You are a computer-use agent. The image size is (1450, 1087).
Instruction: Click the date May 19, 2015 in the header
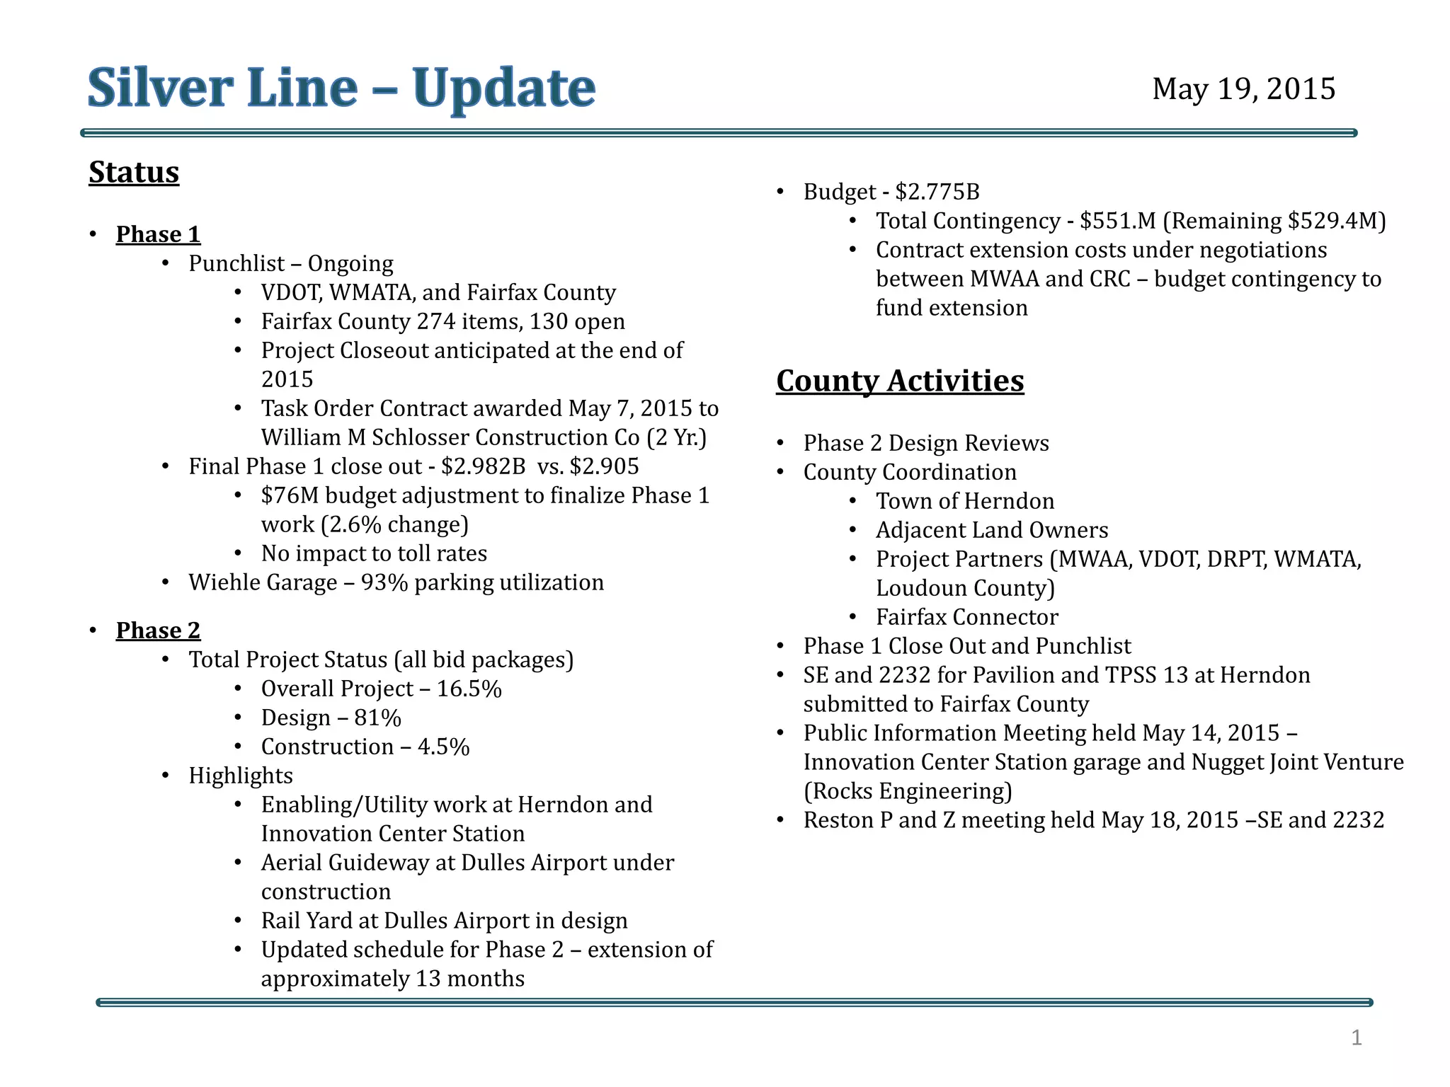tap(1243, 89)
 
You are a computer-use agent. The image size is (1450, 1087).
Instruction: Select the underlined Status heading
tap(134, 172)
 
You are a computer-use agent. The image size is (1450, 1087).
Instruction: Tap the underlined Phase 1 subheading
tap(158, 234)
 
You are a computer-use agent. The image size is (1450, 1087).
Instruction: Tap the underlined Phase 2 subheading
tap(158, 631)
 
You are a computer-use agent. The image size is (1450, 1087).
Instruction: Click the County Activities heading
tap(899, 381)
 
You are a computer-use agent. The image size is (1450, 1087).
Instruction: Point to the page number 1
tap(1356, 1037)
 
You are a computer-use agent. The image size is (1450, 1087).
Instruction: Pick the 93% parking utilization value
tap(384, 582)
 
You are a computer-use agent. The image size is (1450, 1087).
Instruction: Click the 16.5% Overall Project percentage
tap(469, 689)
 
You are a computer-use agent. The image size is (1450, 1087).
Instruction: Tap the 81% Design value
tap(377, 718)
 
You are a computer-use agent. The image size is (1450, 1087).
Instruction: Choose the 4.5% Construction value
tap(443, 747)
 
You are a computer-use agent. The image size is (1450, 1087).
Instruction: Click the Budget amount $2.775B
tap(937, 192)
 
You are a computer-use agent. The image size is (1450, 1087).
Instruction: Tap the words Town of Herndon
tap(964, 501)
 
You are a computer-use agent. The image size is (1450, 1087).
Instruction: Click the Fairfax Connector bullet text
tap(966, 617)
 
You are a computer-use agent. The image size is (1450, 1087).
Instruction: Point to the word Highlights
tap(240, 776)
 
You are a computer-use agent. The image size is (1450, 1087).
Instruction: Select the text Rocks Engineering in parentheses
tap(908, 791)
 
